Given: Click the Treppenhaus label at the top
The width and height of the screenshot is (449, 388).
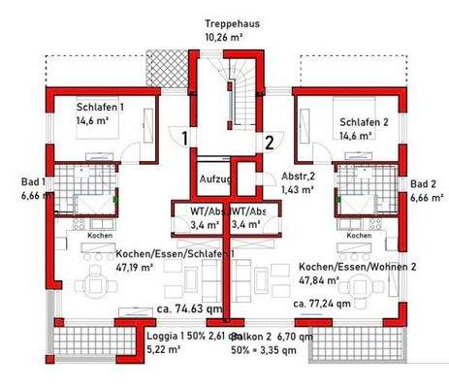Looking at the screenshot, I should coord(230,22).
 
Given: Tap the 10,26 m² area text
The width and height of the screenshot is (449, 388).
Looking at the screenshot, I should coord(223,37).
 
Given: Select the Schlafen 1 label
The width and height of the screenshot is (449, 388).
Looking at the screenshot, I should coord(100,108).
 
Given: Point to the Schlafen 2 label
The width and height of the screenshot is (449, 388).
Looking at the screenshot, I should coord(364,122).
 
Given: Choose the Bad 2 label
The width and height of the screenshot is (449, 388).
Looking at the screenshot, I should coord(423,183).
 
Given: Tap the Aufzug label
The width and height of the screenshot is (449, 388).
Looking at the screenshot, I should coord(214,180).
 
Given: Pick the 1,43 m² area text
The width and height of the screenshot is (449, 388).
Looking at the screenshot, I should coord(298,190).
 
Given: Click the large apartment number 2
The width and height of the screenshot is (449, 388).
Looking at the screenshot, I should coord(269,139).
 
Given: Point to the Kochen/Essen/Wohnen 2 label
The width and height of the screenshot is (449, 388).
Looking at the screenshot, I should coord(357,267).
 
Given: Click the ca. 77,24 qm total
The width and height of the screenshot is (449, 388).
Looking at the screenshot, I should coord(324,303).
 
